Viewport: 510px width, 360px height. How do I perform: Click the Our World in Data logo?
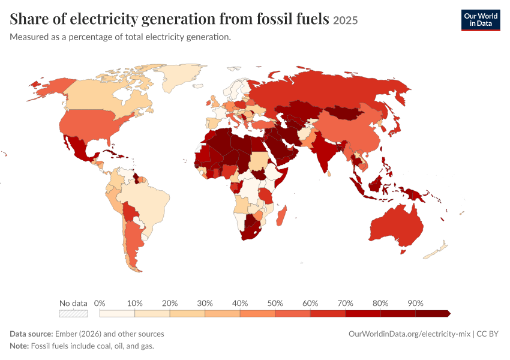pos(481,20)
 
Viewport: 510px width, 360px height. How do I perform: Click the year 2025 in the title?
pos(346,20)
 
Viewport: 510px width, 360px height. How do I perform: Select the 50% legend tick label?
pos(275,304)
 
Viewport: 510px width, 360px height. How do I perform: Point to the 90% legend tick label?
pos(415,304)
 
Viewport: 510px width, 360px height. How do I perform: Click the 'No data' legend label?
pos(73,304)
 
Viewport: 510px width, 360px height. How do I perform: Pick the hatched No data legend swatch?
pos(73,313)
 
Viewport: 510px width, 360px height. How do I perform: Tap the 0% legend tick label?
pos(100,304)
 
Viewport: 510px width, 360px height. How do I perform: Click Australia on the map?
pos(395,226)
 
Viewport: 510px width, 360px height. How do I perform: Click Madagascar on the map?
pos(281,216)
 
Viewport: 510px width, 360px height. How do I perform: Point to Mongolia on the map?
pos(344,113)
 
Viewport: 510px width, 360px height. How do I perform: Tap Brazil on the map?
pos(145,202)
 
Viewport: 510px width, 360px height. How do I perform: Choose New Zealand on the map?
pos(436,250)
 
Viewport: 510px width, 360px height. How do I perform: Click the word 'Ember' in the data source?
pos(65,334)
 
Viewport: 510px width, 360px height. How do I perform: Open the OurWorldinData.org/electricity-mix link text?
pos(409,334)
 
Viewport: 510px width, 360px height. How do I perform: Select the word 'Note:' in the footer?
pos(19,346)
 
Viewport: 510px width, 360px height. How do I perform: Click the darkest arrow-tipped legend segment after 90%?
pos(433,313)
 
